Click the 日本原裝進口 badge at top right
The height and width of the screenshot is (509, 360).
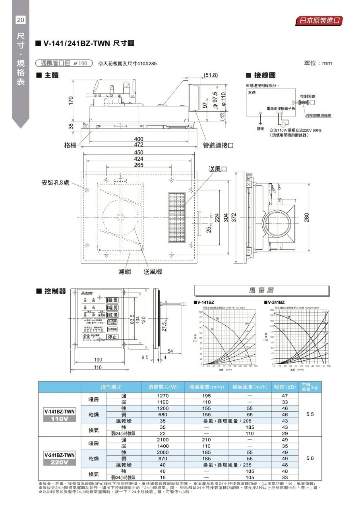click(319, 21)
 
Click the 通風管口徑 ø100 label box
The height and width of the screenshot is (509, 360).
click(64, 63)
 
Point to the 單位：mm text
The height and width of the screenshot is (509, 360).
click(317, 63)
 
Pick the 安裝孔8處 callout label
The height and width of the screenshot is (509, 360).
click(55, 183)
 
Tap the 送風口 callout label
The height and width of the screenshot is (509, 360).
click(218, 169)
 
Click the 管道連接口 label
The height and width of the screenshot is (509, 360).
click(218, 146)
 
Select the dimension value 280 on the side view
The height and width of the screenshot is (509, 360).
click(307, 218)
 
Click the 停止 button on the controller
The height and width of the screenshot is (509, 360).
click(112, 337)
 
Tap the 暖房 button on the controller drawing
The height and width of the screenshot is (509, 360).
click(112, 307)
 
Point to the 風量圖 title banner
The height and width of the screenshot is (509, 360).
click(261, 291)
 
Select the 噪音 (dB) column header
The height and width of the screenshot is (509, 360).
click(285, 387)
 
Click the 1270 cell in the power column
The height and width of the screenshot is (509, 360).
click(163, 396)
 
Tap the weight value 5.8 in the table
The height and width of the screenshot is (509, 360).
click(310, 458)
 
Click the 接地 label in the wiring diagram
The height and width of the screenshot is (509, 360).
click(260, 129)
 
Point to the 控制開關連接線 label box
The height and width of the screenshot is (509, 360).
click(319, 115)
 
